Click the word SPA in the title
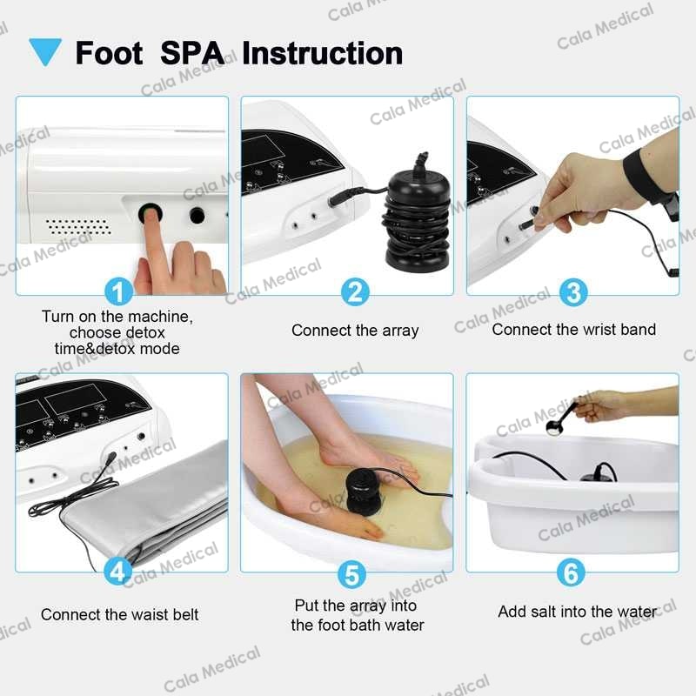coord(192,52)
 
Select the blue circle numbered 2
coord(353,291)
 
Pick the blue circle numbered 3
coord(572,291)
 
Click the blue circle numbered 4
coord(118,572)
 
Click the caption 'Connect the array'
coord(355,331)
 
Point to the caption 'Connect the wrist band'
coord(573,330)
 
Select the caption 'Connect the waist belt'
coord(120,614)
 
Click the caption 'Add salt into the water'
coord(577,612)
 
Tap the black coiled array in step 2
coord(417,217)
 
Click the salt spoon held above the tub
coord(553,425)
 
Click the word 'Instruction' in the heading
coord(322,52)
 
